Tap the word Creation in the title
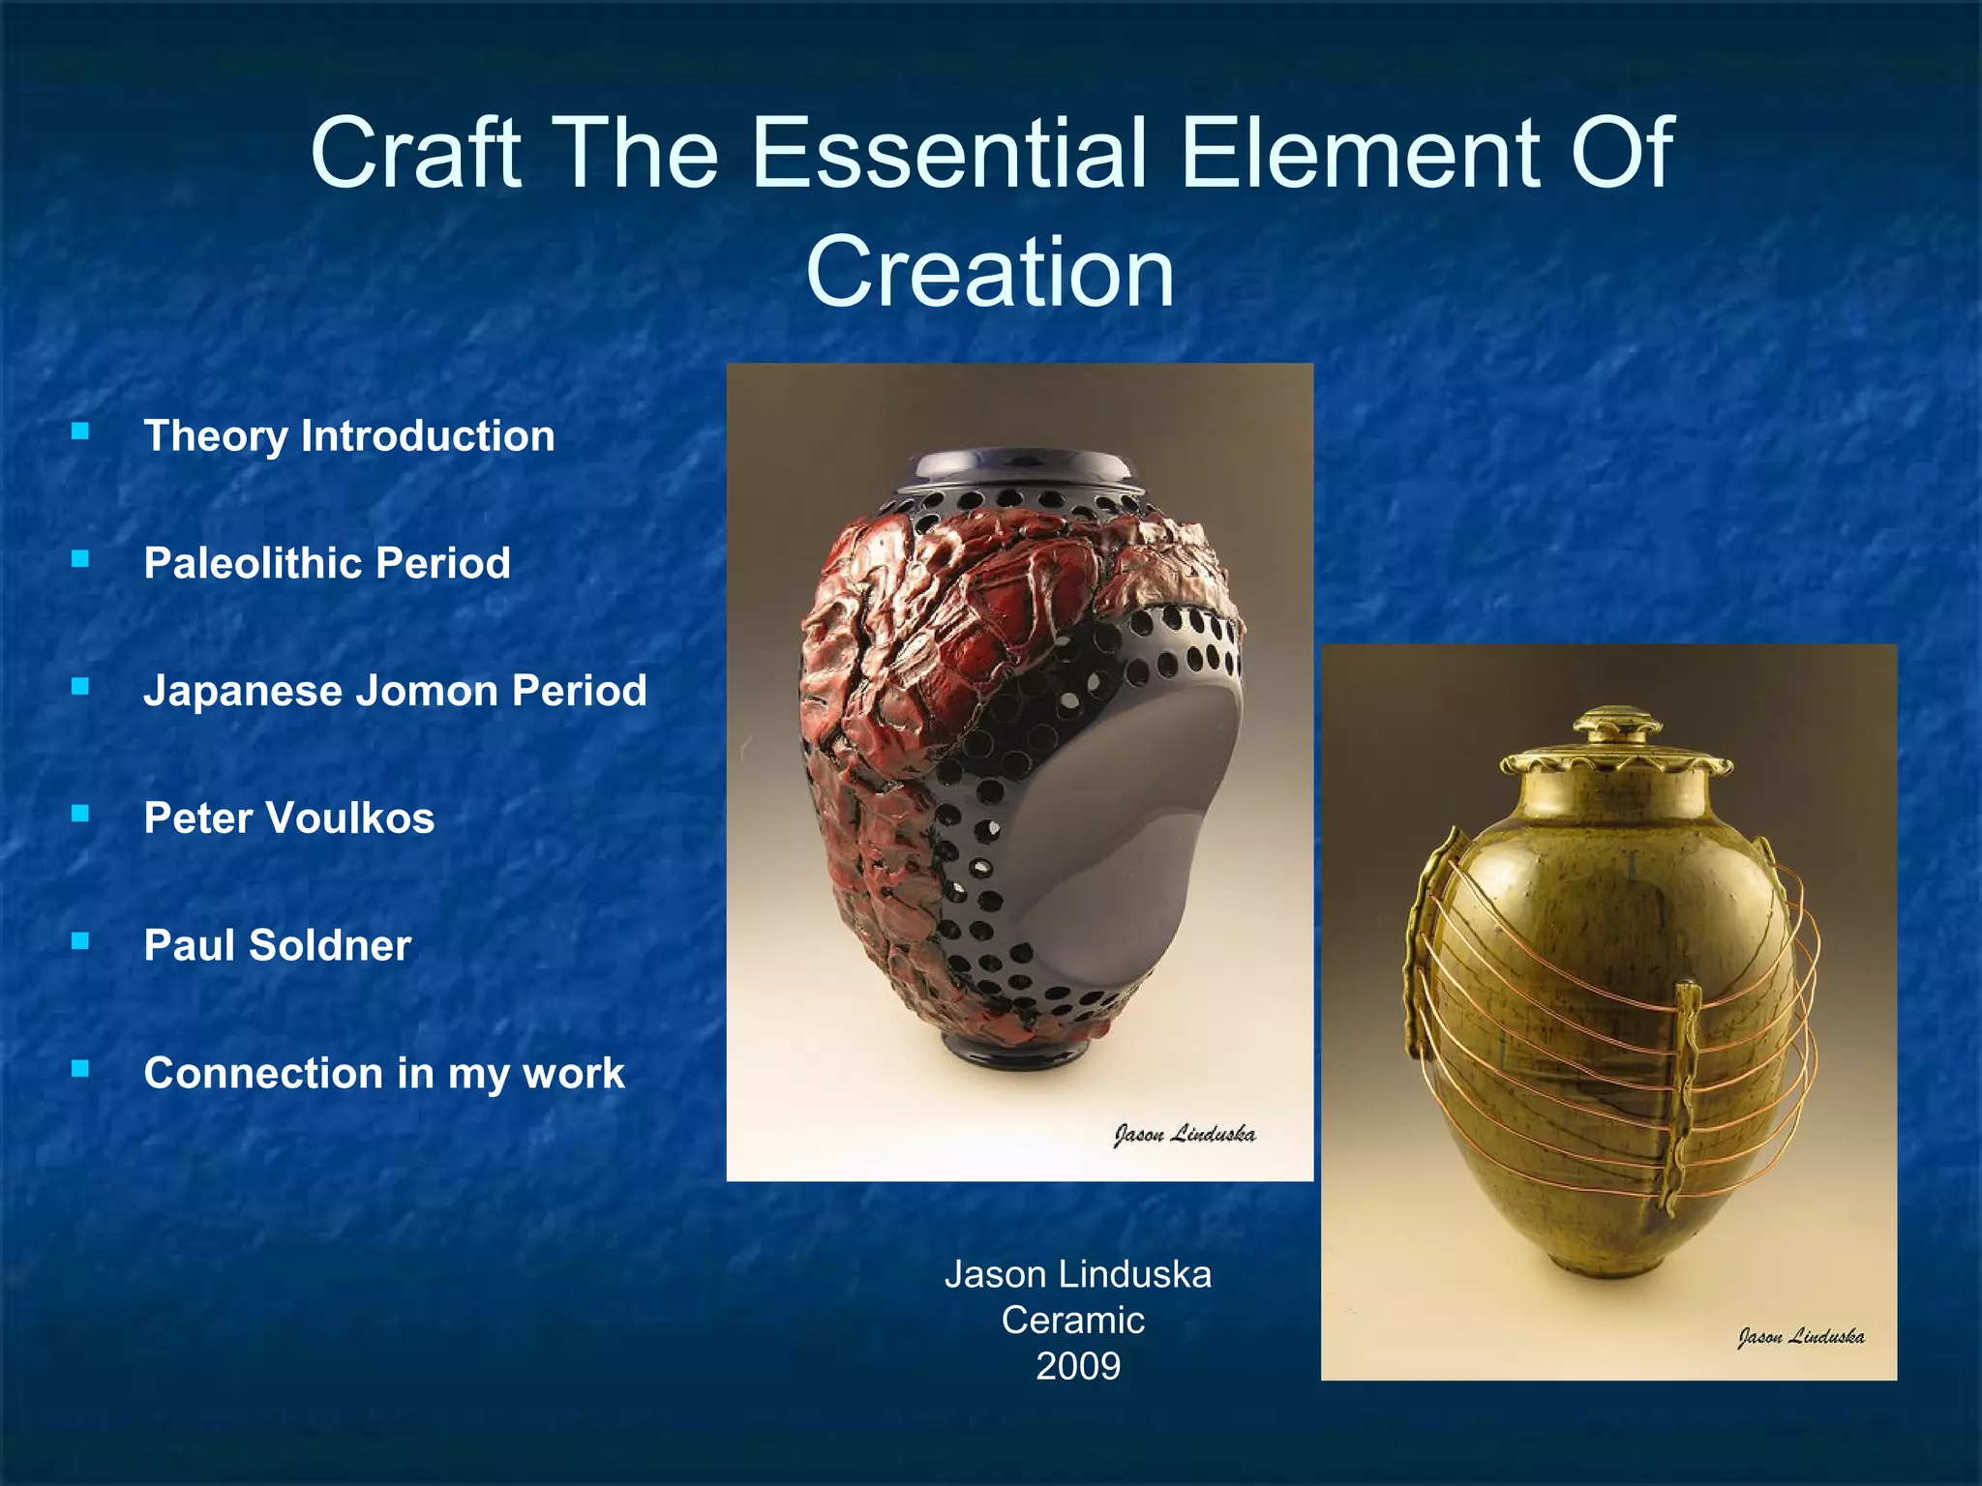point(990,272)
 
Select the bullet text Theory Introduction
point(349,436)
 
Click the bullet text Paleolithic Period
point(327,563)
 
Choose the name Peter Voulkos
point(289,818)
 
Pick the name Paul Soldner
point(278,945)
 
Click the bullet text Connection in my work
point(384,1073)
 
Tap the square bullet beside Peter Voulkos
point(80,814)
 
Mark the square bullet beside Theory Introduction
point(80,431)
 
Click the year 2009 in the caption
point(1077,1366)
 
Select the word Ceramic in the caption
point(1073,1321)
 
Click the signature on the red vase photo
point(1184,1134)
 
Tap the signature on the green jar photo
point(1800,1337)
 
